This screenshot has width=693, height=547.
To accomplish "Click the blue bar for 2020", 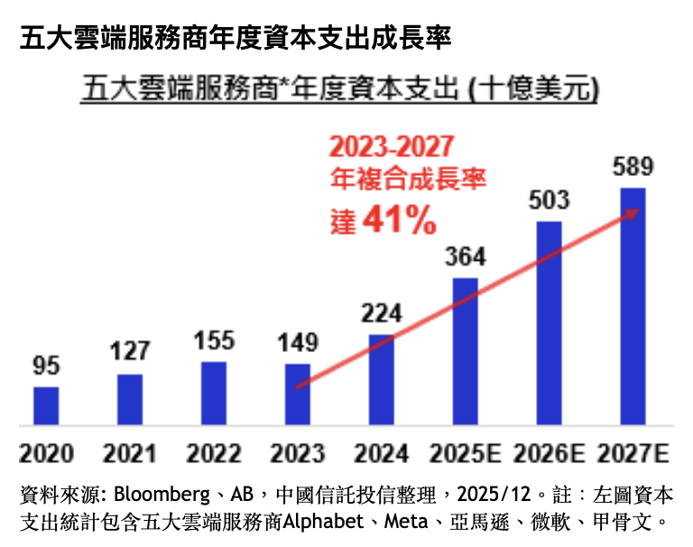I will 46,405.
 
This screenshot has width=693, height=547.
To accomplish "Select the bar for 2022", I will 214,393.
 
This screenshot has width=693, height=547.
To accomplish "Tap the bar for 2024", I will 382,379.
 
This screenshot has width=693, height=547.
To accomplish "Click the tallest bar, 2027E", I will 633,307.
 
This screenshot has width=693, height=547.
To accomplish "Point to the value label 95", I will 46,366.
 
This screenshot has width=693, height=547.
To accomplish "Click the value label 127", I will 130,353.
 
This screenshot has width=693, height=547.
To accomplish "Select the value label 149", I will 298,343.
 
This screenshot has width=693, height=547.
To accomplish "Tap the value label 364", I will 465,256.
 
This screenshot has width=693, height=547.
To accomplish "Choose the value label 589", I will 633,167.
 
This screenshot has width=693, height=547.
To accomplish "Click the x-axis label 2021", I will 130,452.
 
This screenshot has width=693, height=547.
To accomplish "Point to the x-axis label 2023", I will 298,452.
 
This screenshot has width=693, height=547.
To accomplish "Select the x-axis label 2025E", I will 466,452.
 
